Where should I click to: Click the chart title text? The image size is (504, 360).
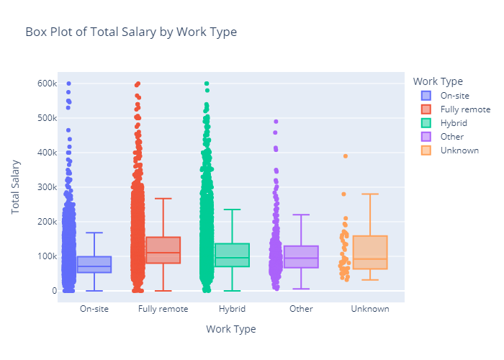coord(130,32)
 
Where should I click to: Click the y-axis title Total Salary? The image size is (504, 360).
coord(15,187)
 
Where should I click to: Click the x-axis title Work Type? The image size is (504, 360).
coord(230,329)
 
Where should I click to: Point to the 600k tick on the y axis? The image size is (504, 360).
coord(38,84)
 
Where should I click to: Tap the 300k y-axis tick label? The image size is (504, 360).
coord(38,187)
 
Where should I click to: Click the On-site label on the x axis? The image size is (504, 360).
coord(94,309)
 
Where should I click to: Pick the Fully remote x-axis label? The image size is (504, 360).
coord(163,309)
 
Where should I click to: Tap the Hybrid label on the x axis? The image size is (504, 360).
coord(232,309)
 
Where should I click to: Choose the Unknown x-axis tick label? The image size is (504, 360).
coord(370,309)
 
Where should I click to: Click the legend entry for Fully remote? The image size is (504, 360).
coord(465,109)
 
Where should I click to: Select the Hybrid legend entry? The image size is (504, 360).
coord(454,123)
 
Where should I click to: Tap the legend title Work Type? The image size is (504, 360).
coord(443,81)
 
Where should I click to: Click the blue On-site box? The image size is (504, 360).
coord(94,264)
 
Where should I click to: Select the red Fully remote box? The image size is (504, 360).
coord(163,250)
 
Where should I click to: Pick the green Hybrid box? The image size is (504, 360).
coord(232,255)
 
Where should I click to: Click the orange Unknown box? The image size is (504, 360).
coord(370,252)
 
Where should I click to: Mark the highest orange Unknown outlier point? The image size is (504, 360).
coord(346,156)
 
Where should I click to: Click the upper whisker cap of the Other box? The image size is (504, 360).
coord(301,215)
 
